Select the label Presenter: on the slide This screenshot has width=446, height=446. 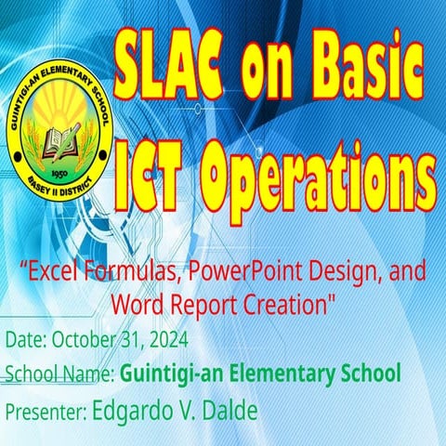[46, 411]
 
